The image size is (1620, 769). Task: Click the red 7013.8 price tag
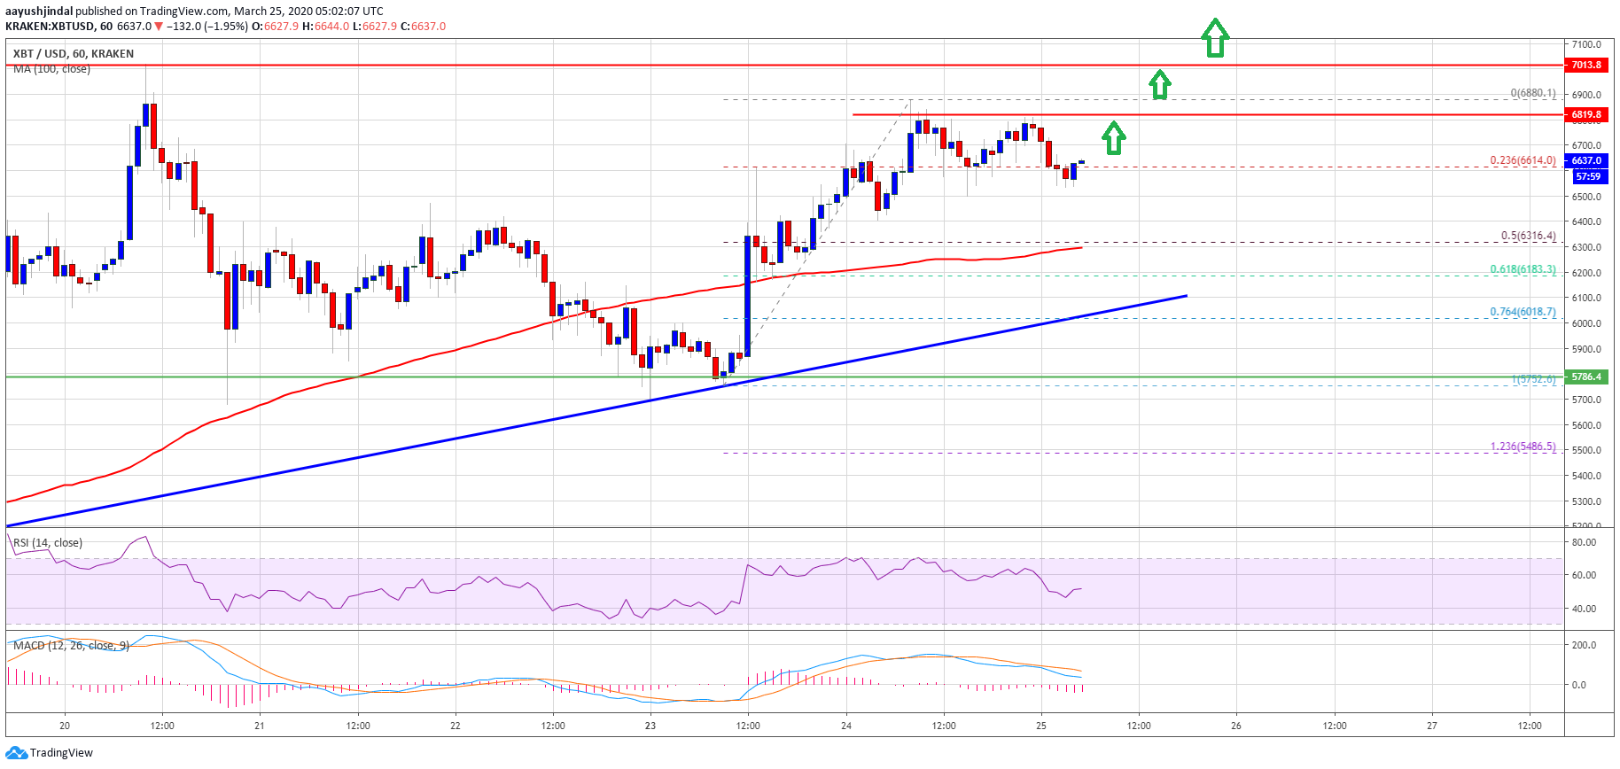click(1586, 65)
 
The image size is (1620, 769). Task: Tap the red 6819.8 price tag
click(1586, 114)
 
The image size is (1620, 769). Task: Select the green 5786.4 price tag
click(1586, 377)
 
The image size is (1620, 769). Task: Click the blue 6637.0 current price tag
click(1586, 160)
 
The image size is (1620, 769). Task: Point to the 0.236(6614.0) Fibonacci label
click(1523, 160)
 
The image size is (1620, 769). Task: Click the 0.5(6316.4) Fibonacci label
click(1528, 236)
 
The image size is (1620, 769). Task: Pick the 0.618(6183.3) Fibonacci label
click(1523, 269)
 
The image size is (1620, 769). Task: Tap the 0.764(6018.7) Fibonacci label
click(1523, 312)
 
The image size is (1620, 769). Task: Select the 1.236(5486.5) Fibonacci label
click(1523, 447)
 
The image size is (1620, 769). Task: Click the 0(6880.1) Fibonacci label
click(1532, 93)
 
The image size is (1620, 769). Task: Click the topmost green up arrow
click(1214, 38)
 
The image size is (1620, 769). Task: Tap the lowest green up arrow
click(1114, 137)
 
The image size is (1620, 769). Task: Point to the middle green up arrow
click(1159, 84)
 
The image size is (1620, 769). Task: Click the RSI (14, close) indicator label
click(48, 543)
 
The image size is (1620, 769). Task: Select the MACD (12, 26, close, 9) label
click(71, 646)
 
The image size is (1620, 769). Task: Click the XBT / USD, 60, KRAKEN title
click(74, 54)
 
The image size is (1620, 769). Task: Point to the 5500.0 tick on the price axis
click(1586, 450)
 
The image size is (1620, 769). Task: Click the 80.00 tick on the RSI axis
click(1584, 542)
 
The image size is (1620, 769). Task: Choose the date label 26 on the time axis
click(1236, 726)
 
